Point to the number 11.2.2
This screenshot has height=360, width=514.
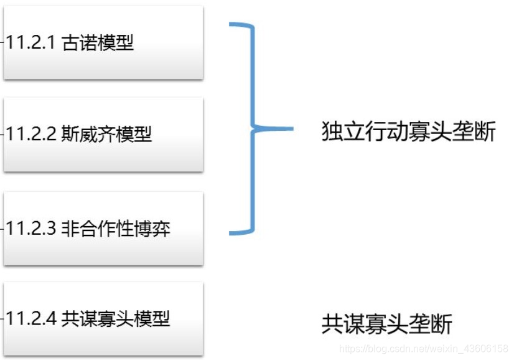31,134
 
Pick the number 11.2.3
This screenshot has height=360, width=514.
31,229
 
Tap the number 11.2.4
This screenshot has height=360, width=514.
31,319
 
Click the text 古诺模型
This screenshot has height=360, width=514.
98,43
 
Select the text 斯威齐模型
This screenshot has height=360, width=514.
106,134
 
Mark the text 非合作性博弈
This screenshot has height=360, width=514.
116,229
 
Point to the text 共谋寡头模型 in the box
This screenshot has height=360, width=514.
116,319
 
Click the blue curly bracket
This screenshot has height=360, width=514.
251,129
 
